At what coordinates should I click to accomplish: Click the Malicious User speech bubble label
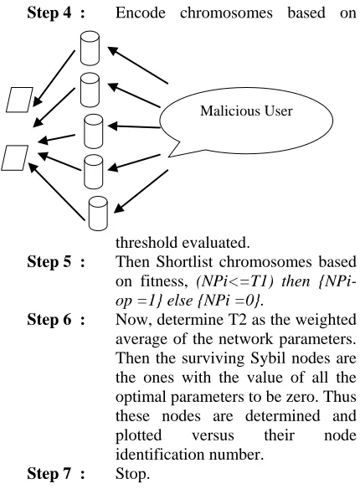[246, 111]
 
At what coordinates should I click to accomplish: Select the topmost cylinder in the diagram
[90, 48]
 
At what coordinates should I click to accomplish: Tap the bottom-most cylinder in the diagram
[98, 214]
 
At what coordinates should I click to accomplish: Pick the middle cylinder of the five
[94, 131]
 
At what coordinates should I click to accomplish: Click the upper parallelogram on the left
[19, 100]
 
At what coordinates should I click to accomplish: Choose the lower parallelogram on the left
[14, 157]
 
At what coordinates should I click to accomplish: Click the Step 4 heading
[56, 13]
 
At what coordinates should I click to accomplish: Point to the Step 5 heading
[56, 261]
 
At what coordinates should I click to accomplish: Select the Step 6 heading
[56, 319]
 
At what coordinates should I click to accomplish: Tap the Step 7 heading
[56, 473]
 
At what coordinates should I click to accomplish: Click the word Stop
[133, 474]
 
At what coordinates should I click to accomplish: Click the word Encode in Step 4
[141, 13]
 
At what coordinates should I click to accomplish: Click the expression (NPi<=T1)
[235, 281]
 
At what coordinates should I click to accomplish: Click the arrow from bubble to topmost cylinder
[138, 65]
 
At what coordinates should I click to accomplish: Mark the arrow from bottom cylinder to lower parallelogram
[56, 192]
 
